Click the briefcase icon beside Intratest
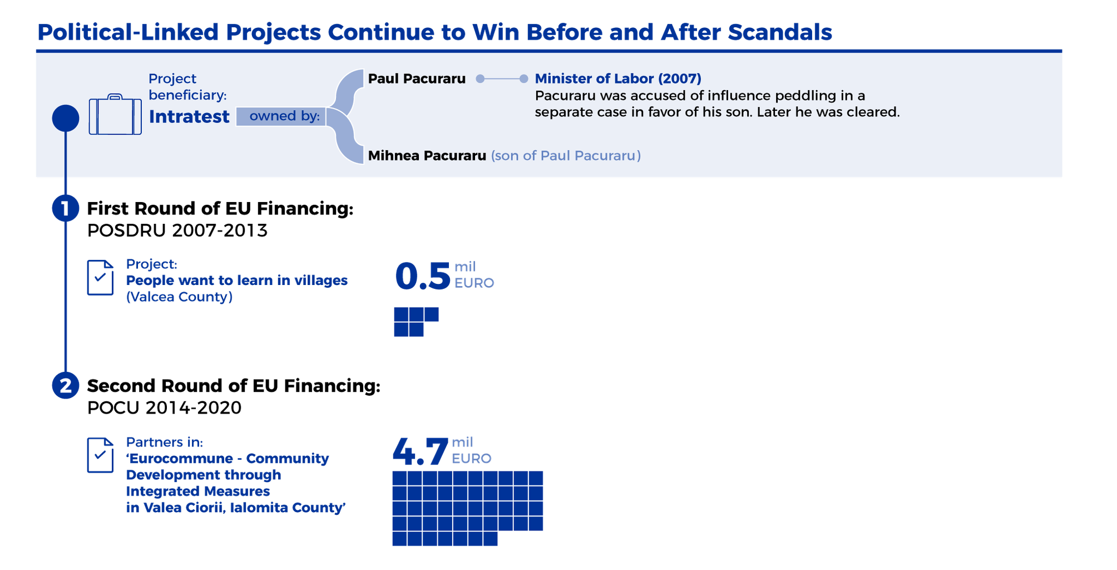coord(115,114)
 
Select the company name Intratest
coord(189,116)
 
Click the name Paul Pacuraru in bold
coord(417,78)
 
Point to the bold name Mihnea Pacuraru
coord(427,155)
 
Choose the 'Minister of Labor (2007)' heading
coord(618,78)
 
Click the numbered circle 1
coord(66,208)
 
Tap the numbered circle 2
coord(66,386)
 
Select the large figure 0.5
coord(422,277)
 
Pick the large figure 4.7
coord(420,451)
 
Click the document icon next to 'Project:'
coord(100,277)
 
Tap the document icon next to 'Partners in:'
coord(100,455)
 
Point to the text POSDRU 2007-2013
coord(177,230)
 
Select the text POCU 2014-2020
coord(165,408)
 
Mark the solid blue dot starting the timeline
coord(66,119)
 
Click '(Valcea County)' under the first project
coord(179,297)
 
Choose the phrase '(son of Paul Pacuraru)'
coord(566,155)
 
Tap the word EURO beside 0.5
coord(474,283)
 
